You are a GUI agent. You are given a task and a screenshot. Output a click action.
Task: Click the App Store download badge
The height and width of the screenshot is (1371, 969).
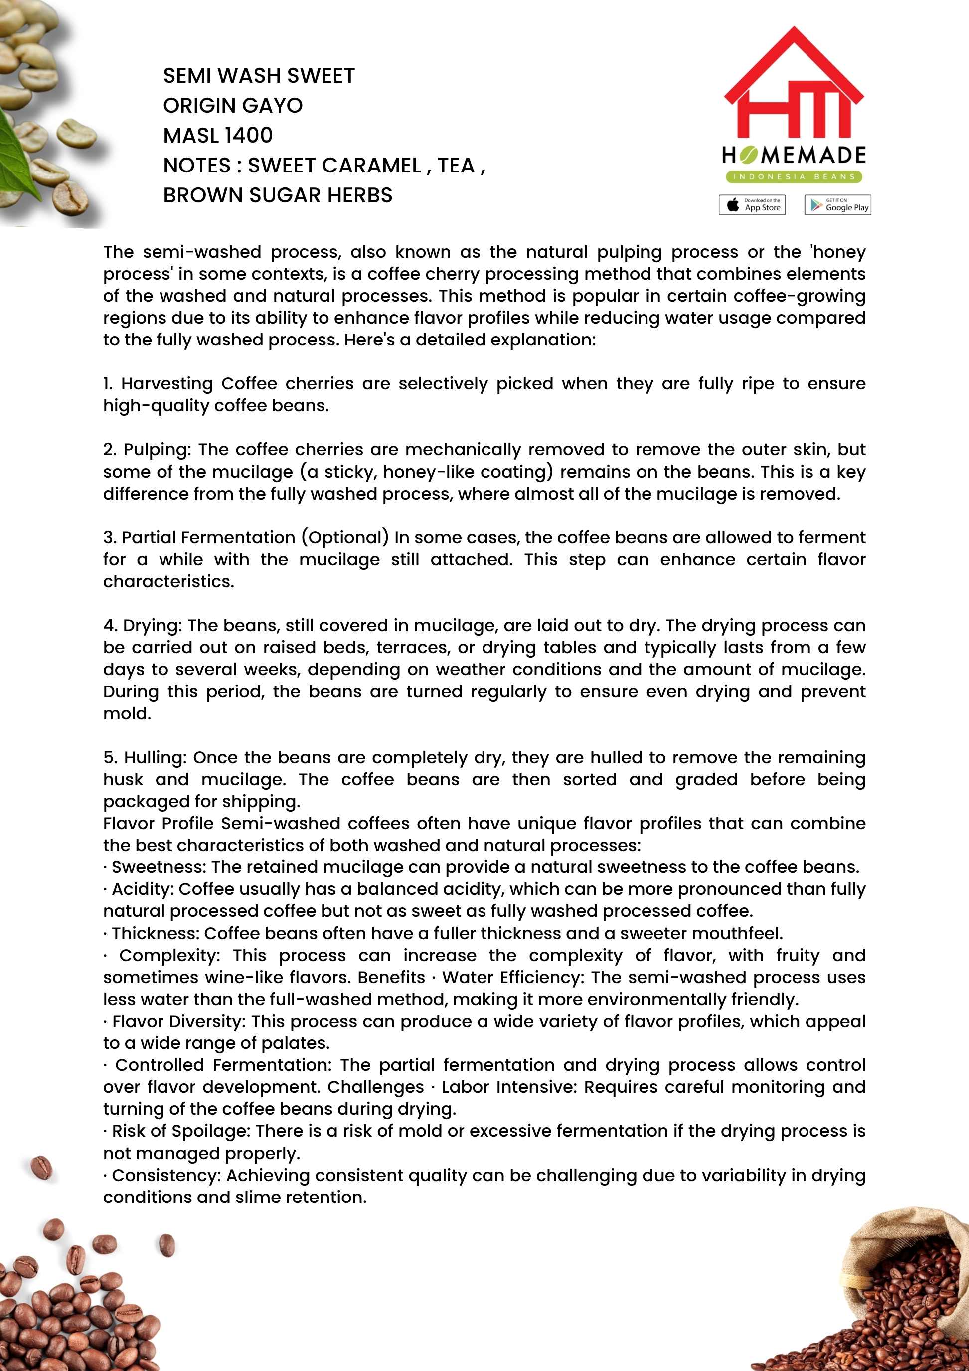point(752,205)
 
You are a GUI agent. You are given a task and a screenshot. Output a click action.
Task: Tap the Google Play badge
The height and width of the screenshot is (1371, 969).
point(837,205)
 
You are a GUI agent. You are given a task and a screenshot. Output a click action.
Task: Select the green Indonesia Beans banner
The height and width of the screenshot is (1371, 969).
point(794,177)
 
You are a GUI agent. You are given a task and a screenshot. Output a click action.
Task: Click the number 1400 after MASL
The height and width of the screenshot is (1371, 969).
point(248,136)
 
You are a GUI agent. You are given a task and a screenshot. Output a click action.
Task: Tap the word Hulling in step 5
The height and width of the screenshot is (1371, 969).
point(155,757)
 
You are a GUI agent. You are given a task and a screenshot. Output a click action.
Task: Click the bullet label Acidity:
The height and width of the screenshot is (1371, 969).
point(142,889)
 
